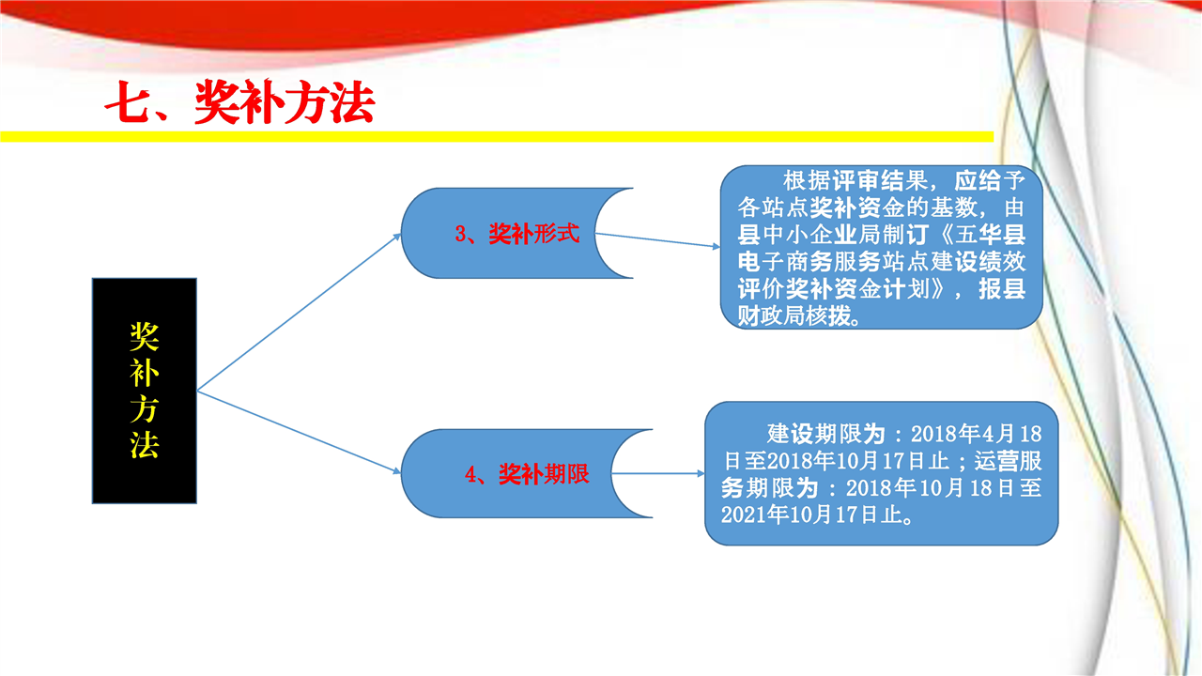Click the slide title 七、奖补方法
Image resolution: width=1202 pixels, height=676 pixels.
click(239, 103)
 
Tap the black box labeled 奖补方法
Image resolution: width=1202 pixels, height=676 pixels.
click(144, 390)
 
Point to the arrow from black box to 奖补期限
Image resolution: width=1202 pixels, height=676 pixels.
click(299, 432)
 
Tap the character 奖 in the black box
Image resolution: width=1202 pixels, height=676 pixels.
click(144, 335)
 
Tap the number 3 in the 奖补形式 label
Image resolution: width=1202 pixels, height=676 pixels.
click(461, 235)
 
